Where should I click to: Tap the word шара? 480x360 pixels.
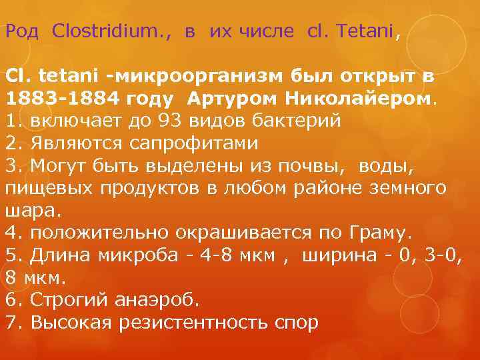pos(30,211)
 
